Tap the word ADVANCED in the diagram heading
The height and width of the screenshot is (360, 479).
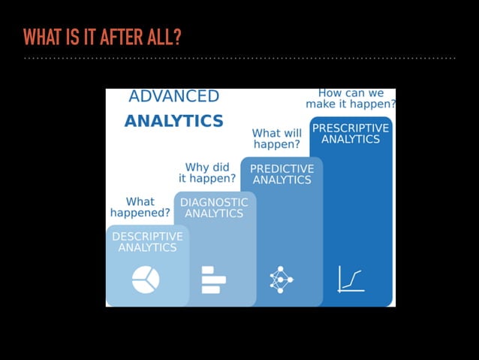point(173,96)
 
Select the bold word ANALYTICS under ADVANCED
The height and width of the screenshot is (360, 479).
point(173,120)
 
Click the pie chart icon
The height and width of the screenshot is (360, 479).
point(146,280)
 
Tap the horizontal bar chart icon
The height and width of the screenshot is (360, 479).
point(212,280)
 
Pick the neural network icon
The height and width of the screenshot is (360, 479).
point(281,280)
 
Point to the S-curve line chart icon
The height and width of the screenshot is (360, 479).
point(351,279)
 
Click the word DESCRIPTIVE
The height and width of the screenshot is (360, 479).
point(147,236)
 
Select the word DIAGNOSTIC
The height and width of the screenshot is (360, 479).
point(214,202)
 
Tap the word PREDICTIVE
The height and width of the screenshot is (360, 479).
point(282,169)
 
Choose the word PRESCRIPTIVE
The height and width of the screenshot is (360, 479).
point(351,128)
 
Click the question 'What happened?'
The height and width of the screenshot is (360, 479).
point(140,207)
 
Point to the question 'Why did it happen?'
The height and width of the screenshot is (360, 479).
point(207,173)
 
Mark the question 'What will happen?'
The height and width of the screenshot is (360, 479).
point(276,138)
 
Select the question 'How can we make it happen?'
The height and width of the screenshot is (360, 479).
point(351,98)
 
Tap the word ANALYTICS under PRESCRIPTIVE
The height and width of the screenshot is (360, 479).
point(351,139)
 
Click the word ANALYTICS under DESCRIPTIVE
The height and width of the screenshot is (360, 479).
point(147,247)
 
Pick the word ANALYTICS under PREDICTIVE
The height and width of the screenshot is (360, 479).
point(282,180)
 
